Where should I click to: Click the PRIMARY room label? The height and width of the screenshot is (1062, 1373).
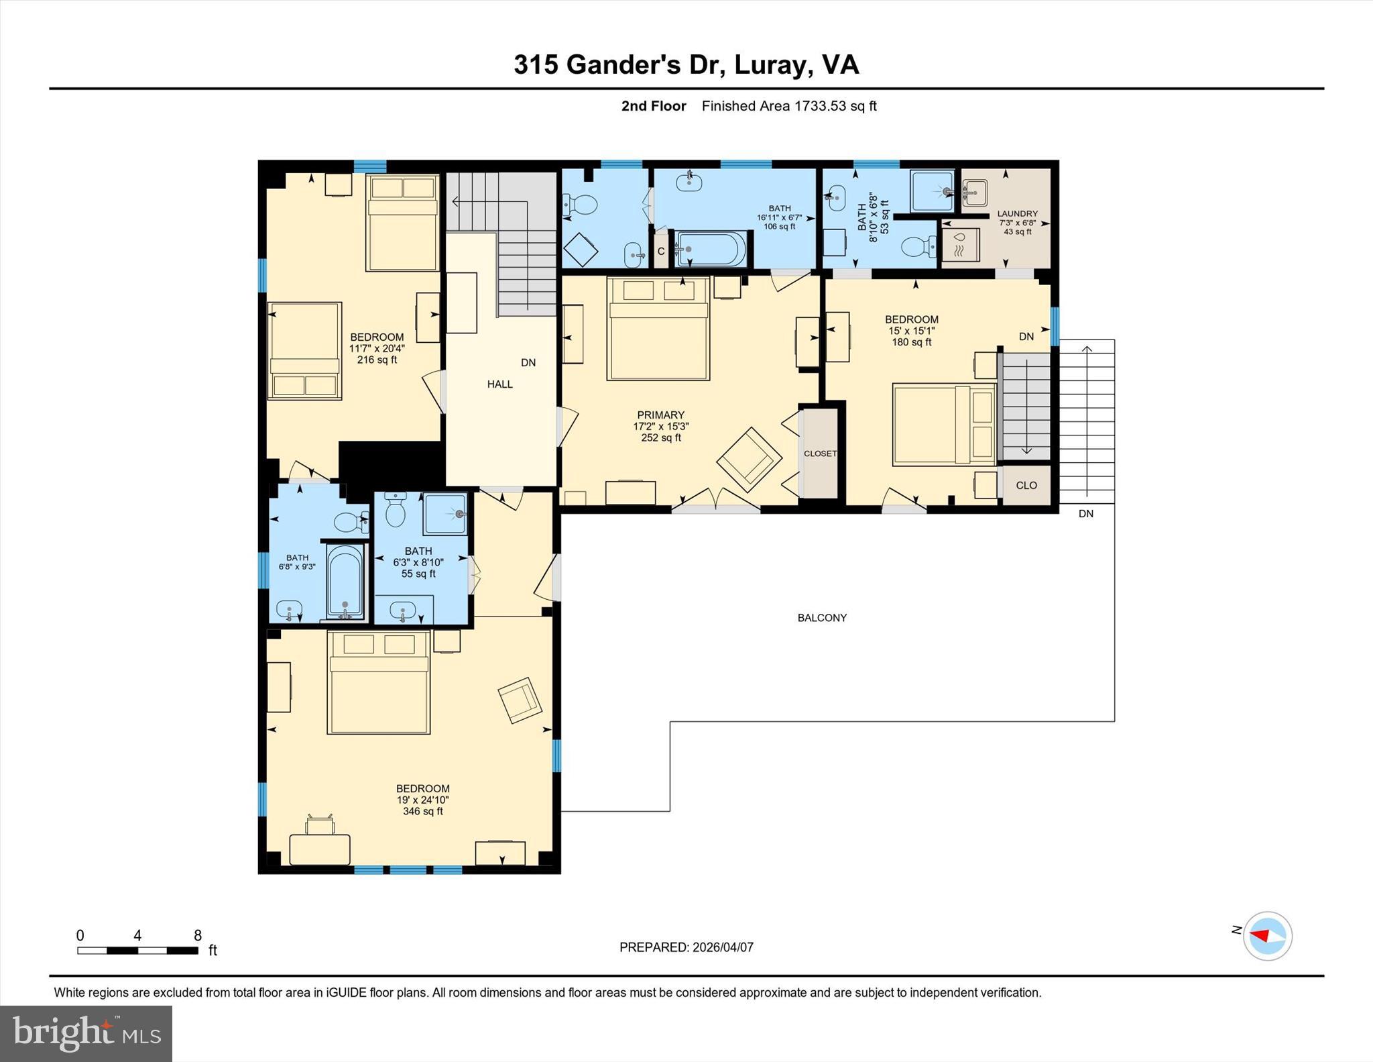(x=660, y=415)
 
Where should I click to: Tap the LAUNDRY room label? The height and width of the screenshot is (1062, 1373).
(x=1017, y=214)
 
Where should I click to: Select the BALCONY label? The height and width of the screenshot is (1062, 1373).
(x=822, y=618)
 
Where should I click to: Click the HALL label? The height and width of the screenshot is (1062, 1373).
(x=499, y=384)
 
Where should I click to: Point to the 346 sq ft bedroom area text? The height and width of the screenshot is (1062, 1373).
(x=422, y=811)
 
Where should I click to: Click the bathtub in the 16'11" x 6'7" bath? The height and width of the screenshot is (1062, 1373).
(x=711, y=249)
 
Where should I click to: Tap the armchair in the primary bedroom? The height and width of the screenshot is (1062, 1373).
(x=749, y=459)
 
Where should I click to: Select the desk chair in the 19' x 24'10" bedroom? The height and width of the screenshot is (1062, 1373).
(x=320, y=825)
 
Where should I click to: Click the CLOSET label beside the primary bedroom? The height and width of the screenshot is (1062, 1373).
(x=820, y=454)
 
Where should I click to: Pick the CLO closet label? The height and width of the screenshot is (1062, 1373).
(x=1026, y=485)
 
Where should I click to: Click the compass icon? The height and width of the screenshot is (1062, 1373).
(x=1267, y=936)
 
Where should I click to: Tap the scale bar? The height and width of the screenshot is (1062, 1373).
(x=137, y=950)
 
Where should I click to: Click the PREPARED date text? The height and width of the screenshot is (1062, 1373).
(x=686, y=947)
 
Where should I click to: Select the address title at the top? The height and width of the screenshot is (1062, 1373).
(x=686, y=65)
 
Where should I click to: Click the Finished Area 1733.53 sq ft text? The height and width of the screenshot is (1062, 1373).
(x=788, y=106)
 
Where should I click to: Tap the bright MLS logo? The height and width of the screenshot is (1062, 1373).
(x=86, y=1033)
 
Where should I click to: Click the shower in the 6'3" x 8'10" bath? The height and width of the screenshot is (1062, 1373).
(x=445, y=514)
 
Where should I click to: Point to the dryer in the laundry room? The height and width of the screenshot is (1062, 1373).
(x=960, y=245)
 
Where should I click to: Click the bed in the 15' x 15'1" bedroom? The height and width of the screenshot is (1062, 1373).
(x=944, y=425)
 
